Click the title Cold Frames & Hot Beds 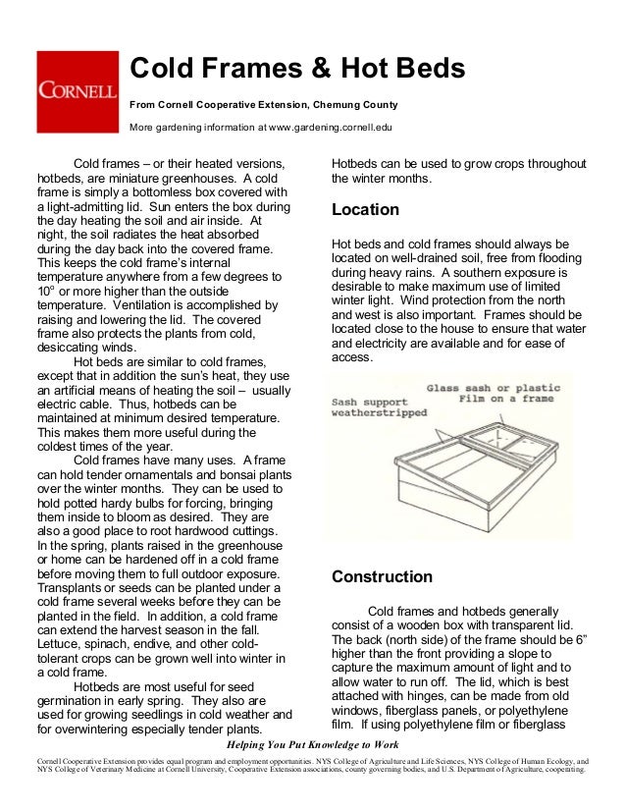click(297, 69)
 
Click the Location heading click(365, 210)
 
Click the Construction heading click(382, 576)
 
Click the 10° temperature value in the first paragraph click(45, 292)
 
